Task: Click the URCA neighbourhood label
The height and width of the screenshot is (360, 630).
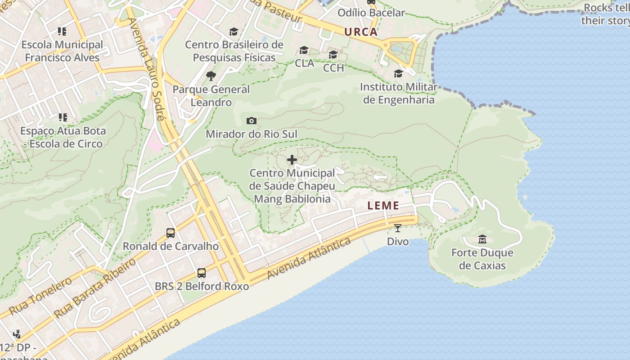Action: (x=361, y=32)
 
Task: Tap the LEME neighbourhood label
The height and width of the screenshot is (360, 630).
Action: (x=383, y=206)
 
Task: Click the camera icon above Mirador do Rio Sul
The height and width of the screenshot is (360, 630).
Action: (x=252, y=121)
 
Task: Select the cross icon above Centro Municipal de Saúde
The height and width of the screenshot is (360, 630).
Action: (x=292, y=160)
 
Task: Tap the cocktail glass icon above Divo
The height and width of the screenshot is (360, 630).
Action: (x=398, y=228)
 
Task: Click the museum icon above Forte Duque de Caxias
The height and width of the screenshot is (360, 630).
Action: (x=482, y=239)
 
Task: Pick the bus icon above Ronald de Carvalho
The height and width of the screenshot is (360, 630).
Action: (x=171, y=233)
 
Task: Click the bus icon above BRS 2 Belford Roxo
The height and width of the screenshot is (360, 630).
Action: (x=202, y=273)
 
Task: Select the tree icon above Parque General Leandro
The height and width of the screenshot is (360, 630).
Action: (x=211, y=76)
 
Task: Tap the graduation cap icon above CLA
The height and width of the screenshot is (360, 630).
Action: (x=304, y=50)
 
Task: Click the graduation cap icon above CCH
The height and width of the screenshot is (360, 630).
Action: (x=333, y=55)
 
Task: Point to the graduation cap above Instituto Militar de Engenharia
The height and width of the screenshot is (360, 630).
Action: (x=398, y=73)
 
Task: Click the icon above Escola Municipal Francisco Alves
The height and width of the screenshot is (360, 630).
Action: (x=62, y=31)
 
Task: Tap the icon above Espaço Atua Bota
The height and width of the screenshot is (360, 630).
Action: (x=63, y=117)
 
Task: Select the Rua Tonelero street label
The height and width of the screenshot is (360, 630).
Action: (x=40, y=296)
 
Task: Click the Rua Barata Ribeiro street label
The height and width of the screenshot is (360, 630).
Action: (x=95, y=288)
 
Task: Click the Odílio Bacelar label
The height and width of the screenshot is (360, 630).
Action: (x=371, y=13)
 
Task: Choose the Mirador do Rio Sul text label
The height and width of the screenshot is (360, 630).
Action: (x=252, y=134)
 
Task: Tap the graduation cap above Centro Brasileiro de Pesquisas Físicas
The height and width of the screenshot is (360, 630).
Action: (x=234, y=31)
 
